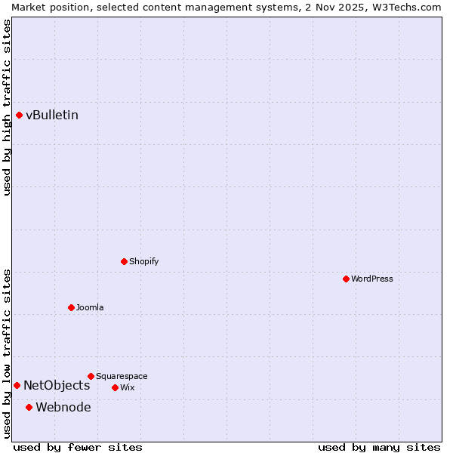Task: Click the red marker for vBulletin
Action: (19, 115)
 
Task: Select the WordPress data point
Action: (346, 279)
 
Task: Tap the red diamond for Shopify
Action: (124, 261)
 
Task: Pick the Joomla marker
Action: (71, 307)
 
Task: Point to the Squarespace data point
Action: (91, 376)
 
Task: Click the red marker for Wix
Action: (115, 387)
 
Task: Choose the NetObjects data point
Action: (17, 385)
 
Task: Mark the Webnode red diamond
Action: (29, 407)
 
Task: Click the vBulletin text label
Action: (52, 115)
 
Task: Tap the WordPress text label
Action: (372, 279)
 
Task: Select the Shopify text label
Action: (144, 261)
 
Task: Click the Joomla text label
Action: (90, 307)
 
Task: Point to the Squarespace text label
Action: (122, 376)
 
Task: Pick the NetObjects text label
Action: (57, 385)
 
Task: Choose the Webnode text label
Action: (63, 407)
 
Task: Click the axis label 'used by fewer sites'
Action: (78, 447)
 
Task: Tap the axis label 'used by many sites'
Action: (379, 447)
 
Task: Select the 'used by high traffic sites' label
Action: (7, 107)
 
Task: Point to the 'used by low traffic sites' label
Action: (7, 353)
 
